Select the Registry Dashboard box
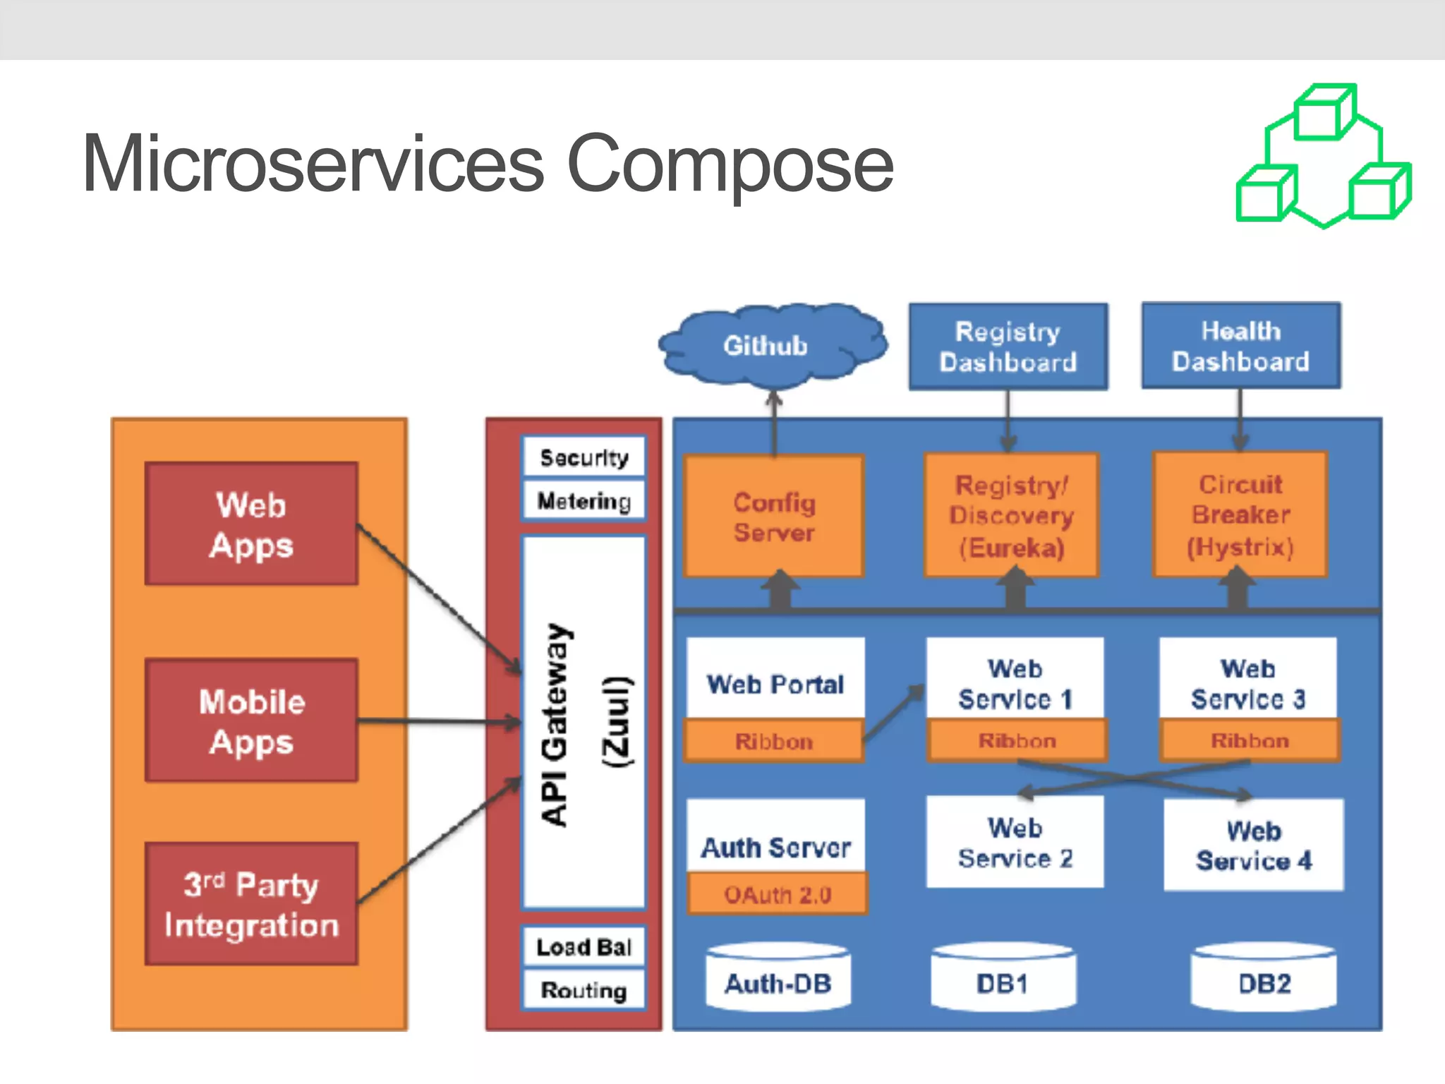1008,347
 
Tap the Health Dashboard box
1240,346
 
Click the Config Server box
774,517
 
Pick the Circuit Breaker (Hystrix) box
1240,515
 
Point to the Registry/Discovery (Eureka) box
1011,516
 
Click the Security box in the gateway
584,457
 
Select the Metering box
584,501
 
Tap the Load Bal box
584,946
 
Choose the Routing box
584,990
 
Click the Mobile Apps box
251,721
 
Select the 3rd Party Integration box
251,904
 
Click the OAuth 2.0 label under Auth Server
777,895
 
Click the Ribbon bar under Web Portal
773,741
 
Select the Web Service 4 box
1253,845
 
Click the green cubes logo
1324,156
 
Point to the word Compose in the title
730,164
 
